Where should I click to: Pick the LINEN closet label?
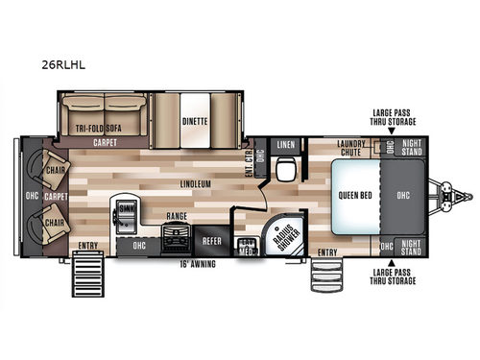pyautogui.click(x=285, y=145)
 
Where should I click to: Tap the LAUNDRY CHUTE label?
pyautogui.click(x=353, y=148)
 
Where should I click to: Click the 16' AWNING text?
pyautogui.click(x=198, y=263)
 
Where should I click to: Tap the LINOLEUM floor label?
pyautogui.click(x=195, y=181)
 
